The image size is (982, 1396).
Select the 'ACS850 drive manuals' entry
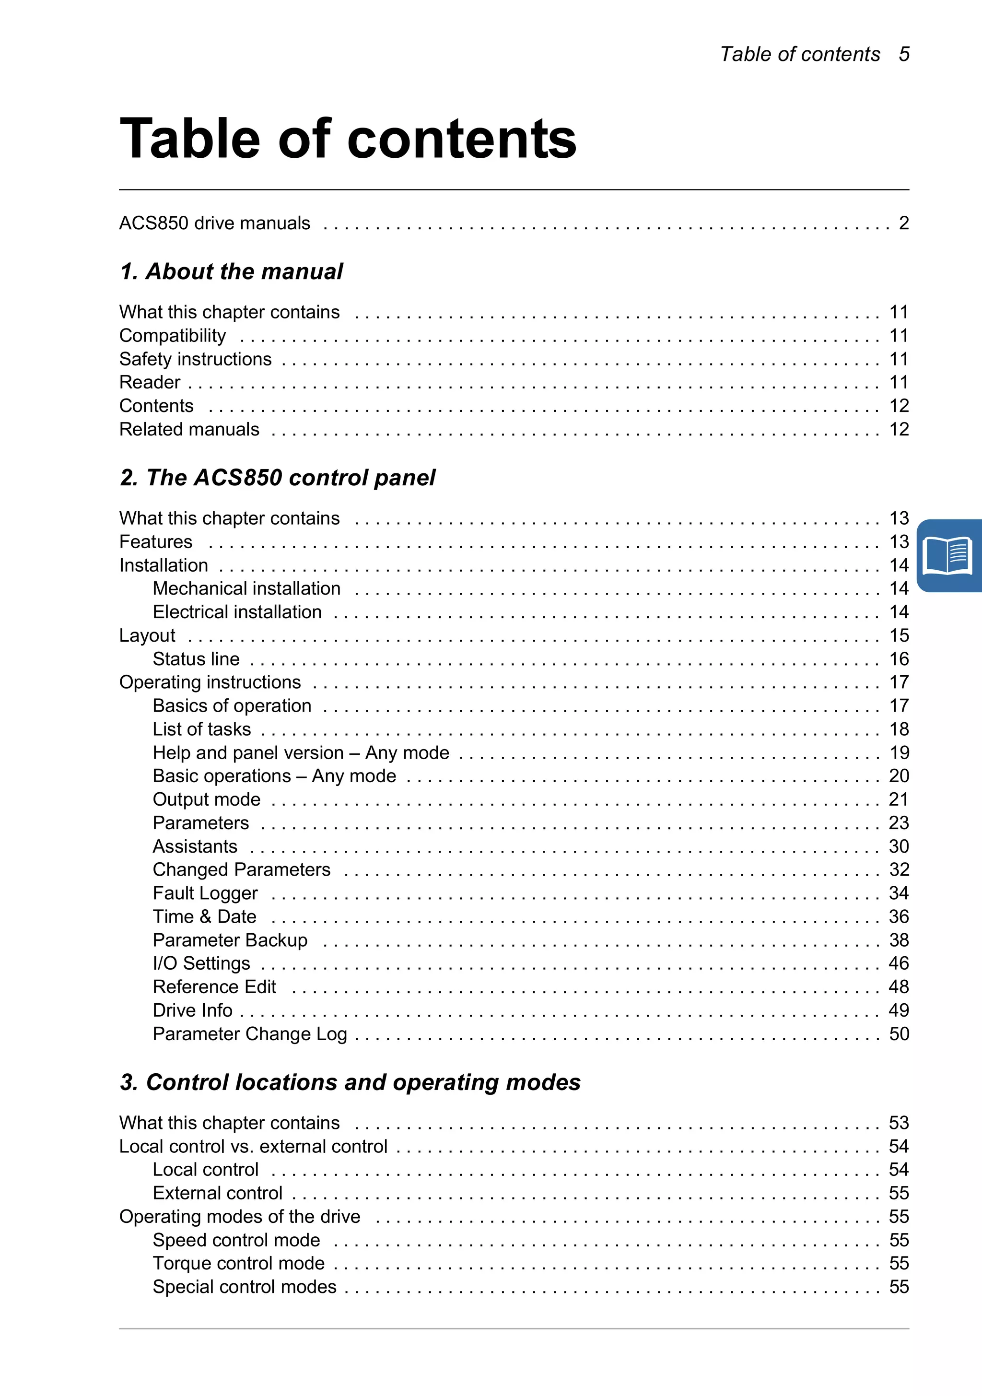tap(215, 223)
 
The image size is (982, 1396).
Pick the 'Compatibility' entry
tap(173, 336)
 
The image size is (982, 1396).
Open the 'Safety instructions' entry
tap(195, 359)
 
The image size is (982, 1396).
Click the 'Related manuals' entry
tap(189, 429)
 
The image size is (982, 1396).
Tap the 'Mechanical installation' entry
tap(246, 588)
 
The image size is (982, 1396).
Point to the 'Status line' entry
tap(196, 659)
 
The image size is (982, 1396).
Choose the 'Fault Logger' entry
tap(205, 893)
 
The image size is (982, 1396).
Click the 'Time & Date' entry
tap(204, 917)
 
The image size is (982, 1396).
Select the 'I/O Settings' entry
tap(201, 964)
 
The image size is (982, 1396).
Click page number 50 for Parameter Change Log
tap(899, 1034)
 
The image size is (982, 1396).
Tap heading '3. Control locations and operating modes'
tap(350, 1083)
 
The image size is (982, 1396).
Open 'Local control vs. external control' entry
tap(253, 1147)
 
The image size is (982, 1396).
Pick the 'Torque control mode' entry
tap(238, 1264)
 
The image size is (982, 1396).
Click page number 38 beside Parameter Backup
tap(899, 940)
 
